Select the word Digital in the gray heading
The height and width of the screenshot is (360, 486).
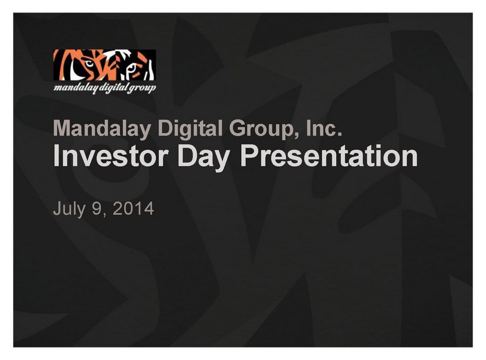click(x=190, y=128)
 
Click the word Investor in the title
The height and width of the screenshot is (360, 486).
click(x=111, y=156)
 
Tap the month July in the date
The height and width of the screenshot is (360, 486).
click(x=69, y=209)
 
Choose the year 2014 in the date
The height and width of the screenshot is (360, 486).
click(x=133, y=208)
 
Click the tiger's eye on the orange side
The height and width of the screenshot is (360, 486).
click(x=89, y=64)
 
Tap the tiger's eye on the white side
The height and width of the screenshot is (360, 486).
click(x=132, y=68)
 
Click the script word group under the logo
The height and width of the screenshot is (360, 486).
click(x=142, y=89)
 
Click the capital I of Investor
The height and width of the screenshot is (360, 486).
click(x=56, y=156)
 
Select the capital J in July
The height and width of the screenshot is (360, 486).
click(x=58, y=208)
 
